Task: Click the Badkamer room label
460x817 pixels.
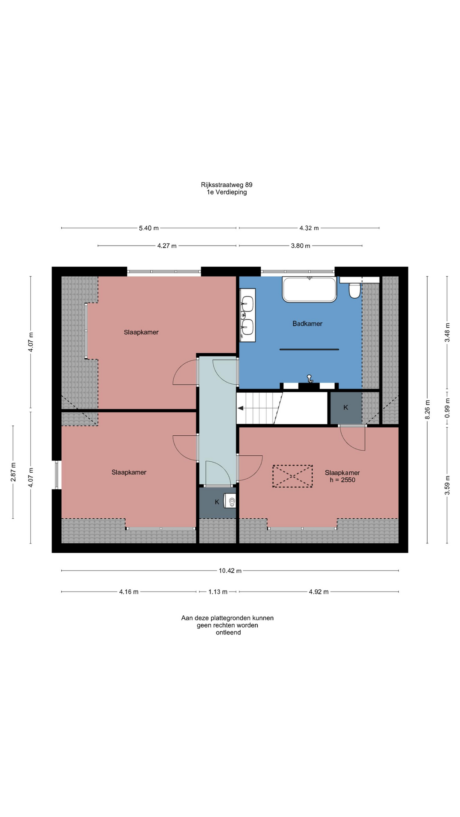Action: (x=307, y=324)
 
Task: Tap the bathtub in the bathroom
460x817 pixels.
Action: (x=310, y=290)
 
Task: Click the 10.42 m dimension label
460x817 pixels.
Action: (x=230, y=571)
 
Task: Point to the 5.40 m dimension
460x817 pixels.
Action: (x=149, y=228)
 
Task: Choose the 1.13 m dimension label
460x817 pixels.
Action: (x=218, y=591)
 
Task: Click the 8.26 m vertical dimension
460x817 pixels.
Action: (x=428, y=409)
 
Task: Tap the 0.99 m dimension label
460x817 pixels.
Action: (x=447, y=408)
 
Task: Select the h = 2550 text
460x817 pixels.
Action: (x=342, y=480)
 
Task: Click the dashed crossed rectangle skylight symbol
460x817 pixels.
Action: (x=293, y=476)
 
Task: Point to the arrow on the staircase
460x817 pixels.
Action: (x=241, y=408)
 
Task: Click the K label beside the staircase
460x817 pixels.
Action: (x=346, y=408)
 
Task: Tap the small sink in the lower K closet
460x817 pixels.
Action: (x=231, y=502)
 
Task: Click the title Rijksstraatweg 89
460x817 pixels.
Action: (x=227, y=185)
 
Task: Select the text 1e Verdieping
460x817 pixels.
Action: (x=227, y=192)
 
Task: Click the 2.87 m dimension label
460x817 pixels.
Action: (x=13, y=472)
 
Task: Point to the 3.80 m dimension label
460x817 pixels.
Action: (x=301, y=246)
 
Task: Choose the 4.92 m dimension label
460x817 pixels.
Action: (x=319, y=591)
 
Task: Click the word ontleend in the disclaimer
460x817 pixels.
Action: (x=228, y=632)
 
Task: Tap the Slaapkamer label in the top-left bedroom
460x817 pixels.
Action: (x=141, y=332)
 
